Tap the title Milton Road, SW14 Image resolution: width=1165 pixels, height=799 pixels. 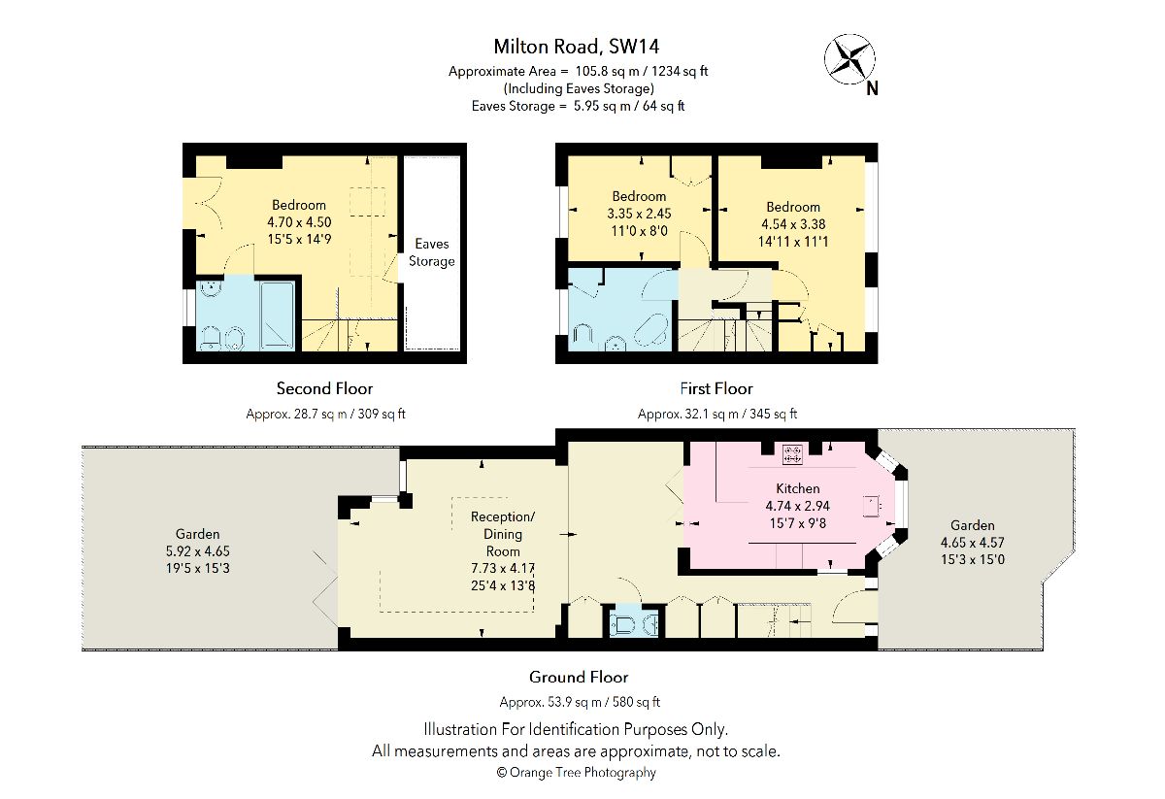577,47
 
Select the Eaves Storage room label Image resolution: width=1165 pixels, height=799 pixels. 432,252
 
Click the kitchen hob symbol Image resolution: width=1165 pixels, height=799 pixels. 792,454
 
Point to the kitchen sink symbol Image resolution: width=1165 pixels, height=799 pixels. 871,506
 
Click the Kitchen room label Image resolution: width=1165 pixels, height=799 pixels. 798,488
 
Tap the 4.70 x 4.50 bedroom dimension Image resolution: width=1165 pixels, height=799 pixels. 299,222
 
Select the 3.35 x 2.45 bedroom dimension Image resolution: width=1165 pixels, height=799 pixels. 639,214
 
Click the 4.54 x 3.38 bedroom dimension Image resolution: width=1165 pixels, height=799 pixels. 793,224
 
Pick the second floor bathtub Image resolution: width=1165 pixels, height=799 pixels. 278,316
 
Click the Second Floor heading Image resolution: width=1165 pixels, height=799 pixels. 324,388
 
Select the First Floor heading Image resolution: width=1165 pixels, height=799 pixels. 716,388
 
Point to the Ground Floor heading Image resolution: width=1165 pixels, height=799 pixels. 579,677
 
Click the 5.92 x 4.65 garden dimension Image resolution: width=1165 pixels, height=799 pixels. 198,550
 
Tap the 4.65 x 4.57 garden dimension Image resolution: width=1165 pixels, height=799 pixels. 972,543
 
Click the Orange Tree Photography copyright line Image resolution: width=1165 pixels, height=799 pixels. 577,773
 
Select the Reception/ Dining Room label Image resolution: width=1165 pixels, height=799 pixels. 503,534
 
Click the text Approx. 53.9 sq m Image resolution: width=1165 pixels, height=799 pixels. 550,702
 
